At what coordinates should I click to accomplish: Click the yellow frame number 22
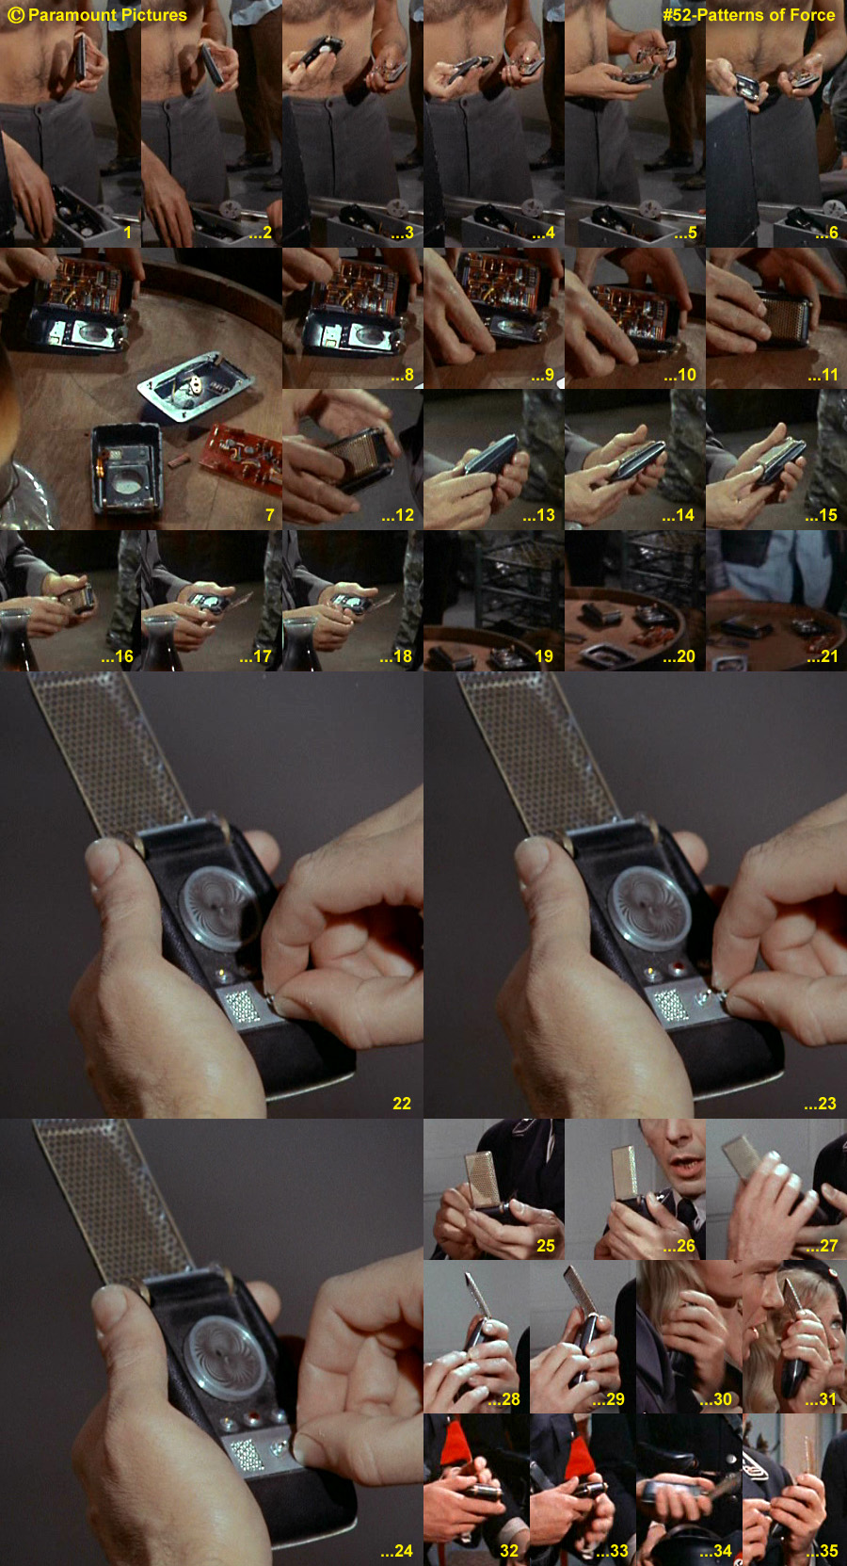[402, 1104]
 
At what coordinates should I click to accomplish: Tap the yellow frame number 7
[270, 515]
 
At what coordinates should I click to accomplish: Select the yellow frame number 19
[544, 655]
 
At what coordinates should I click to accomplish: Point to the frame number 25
[546, 1245]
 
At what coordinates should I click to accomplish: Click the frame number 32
[509, 1551]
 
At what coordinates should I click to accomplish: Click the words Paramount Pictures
[107, 15]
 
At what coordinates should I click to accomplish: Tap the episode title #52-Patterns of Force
[748, 15]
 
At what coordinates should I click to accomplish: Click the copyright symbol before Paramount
[15, 15]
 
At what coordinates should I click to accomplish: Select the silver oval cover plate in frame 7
[196, 386]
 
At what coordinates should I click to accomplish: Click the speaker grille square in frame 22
[242, 1008]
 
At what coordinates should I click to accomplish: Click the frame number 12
[398, 515]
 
